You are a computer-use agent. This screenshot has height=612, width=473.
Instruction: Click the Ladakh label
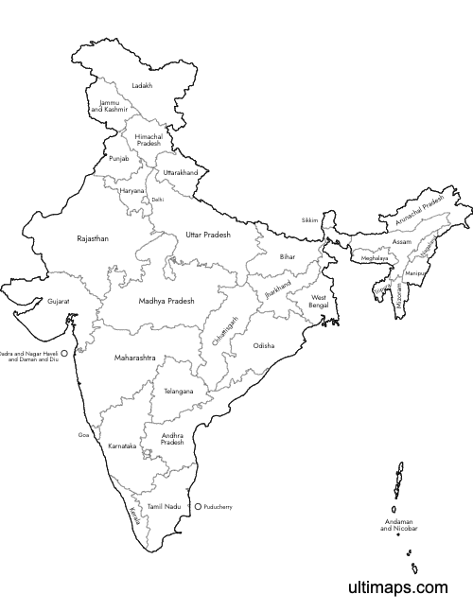pos(142,85)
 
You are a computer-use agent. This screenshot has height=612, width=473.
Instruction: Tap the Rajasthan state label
pos(93,239)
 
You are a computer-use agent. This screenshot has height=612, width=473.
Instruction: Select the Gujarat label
pos(58,302)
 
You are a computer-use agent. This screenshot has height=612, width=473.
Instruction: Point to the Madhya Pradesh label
pos(166,300)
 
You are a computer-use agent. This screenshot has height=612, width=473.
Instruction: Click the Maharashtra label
pos(134,358)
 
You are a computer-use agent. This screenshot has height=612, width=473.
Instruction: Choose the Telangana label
pos(178,391)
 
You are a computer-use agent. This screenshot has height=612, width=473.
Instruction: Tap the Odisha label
pos(263,346)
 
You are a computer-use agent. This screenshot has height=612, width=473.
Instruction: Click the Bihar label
pos(287,256)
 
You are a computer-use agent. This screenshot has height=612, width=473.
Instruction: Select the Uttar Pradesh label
pos(207,233)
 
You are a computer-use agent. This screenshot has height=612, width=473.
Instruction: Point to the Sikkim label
pos(310,219)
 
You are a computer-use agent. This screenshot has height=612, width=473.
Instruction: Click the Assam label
pos(402,242)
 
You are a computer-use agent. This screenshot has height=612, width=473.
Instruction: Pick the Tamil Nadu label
pos(164,507)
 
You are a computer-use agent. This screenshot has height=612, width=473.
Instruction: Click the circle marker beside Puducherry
pos(198,507)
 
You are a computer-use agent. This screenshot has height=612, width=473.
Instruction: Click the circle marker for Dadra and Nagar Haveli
pos(64,357)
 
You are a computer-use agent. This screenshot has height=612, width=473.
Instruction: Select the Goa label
pos(83,435)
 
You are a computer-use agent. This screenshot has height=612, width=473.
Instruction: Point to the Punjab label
pos(118,158)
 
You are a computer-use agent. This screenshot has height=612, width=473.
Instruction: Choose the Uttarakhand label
pos(181,173)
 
